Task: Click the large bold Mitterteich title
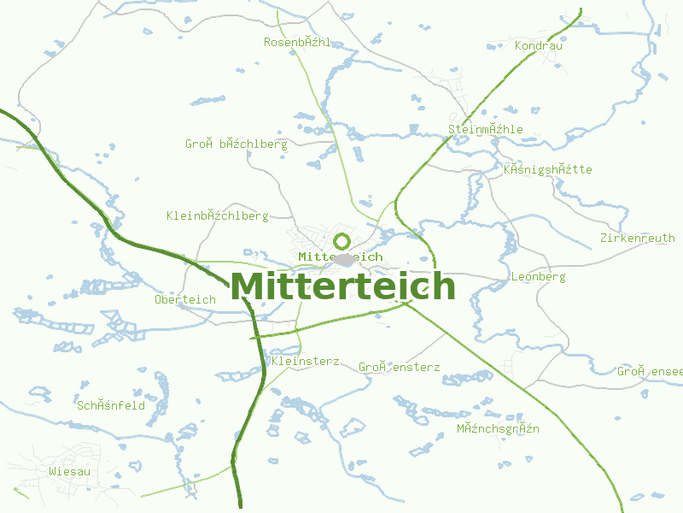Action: point(342,286)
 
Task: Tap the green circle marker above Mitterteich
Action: point(342,241)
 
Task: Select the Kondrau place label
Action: point(539,45)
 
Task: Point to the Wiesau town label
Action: point(69,471)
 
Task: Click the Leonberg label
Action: point(538,277)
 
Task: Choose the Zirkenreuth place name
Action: point(637,238)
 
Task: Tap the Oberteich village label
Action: point(185,299)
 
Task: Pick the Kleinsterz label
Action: point(305,362)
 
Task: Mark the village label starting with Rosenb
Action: point(297,42)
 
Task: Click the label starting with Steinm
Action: point(485,129)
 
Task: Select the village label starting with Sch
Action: point(111,405)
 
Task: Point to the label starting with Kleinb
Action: point(218,215)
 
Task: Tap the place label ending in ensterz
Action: point(399,367)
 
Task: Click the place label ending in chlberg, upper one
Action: point(236,144)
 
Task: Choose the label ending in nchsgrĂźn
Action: point(498,427)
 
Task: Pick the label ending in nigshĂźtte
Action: point(547,169)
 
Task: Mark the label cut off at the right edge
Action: point(650,371)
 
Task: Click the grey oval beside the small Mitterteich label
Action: point(344,259)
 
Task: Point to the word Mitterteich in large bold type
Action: point(342,286)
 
